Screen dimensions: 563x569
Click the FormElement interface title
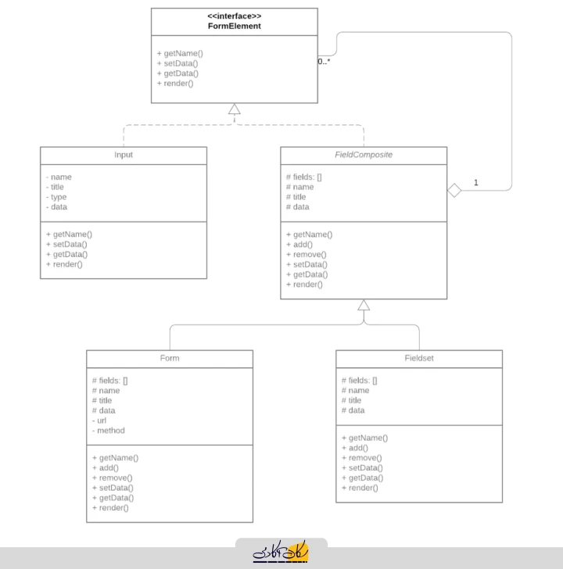(x=234, y=26)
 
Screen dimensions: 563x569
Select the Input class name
(x=124, y=155)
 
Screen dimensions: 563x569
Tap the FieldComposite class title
(x=364, y=155)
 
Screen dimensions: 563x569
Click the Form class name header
(x=170, y=358)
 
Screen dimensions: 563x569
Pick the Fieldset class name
(x=419, y=358)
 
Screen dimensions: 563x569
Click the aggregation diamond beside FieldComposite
(x=454, y=190)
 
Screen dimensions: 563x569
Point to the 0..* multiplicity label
(x=324, y=61)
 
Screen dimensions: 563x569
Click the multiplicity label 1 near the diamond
(x=476, y=183)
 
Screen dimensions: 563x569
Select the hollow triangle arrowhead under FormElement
(x=234, y=109)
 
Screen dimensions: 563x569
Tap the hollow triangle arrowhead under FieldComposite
(x=364, y=305)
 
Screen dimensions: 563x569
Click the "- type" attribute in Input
(x=56, y=197)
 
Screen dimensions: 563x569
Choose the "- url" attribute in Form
(x=99, y=420)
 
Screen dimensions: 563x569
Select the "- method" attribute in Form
(x=108, y=431)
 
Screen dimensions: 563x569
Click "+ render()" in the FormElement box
(x=175, y=84)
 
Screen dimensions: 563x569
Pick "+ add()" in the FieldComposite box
(x=299, y=245)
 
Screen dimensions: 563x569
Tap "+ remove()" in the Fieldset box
(x=361, y=458)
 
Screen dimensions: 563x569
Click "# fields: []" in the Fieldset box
(x=360, y=381)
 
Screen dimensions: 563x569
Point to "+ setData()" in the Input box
(x=66, y=244)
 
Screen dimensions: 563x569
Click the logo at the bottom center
(x=281, y=552)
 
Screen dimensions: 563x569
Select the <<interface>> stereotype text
(x=234, y=16)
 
